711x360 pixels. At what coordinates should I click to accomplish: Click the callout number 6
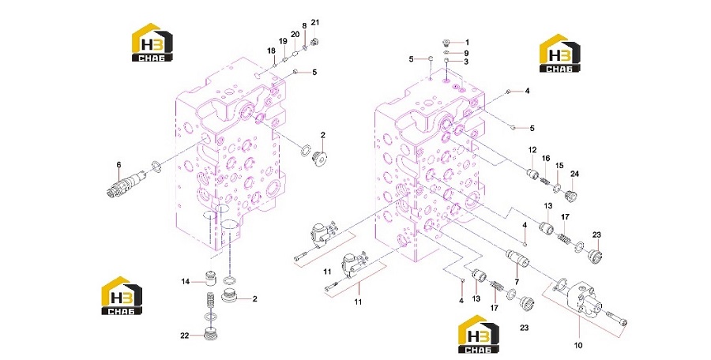click(118, 165)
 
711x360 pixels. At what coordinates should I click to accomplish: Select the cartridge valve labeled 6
click(126, 184)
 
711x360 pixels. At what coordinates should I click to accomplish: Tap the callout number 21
click(315, 22)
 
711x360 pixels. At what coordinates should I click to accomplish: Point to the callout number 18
click(271, 50)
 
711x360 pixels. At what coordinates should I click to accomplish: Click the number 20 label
click(295, 35)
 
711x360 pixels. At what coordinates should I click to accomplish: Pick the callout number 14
click(186, 282)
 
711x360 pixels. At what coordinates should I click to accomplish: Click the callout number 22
click(184, 336)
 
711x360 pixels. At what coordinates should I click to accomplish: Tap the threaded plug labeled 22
click(210, 334)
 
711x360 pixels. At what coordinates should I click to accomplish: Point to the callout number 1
click(467, 43)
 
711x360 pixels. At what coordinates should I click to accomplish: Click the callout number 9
click(466, 53)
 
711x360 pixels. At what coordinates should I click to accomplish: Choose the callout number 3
click(466, 62)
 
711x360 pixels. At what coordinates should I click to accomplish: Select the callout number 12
click(532, 150)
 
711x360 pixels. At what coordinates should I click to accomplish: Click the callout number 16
click(546, 158)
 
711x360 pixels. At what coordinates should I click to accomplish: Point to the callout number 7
click(517, 282)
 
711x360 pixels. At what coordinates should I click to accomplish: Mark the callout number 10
click(578, 346)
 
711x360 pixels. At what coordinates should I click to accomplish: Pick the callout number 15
click(559, 166)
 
